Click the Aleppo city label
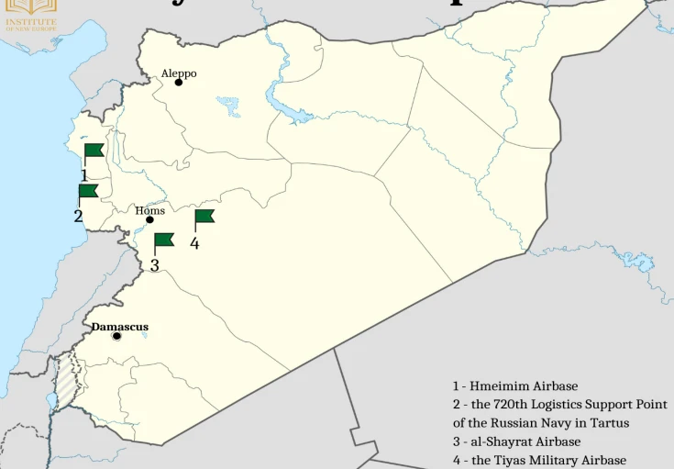tap(179, 73)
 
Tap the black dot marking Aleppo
tap(179, 83)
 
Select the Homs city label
tap(149, 210)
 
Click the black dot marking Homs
tap(149, 220)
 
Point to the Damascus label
tap(119, 327)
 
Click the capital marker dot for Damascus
tap(116, 336)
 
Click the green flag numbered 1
tap(94, 151)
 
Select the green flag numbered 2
tap(88, 191)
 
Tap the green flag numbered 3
tap(163, 240)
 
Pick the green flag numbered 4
tap(204, 217)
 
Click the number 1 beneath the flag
tap(83, 174)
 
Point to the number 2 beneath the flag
tap(78, 217)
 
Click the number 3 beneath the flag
tap(154, 265)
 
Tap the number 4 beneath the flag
tap(194, 243)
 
